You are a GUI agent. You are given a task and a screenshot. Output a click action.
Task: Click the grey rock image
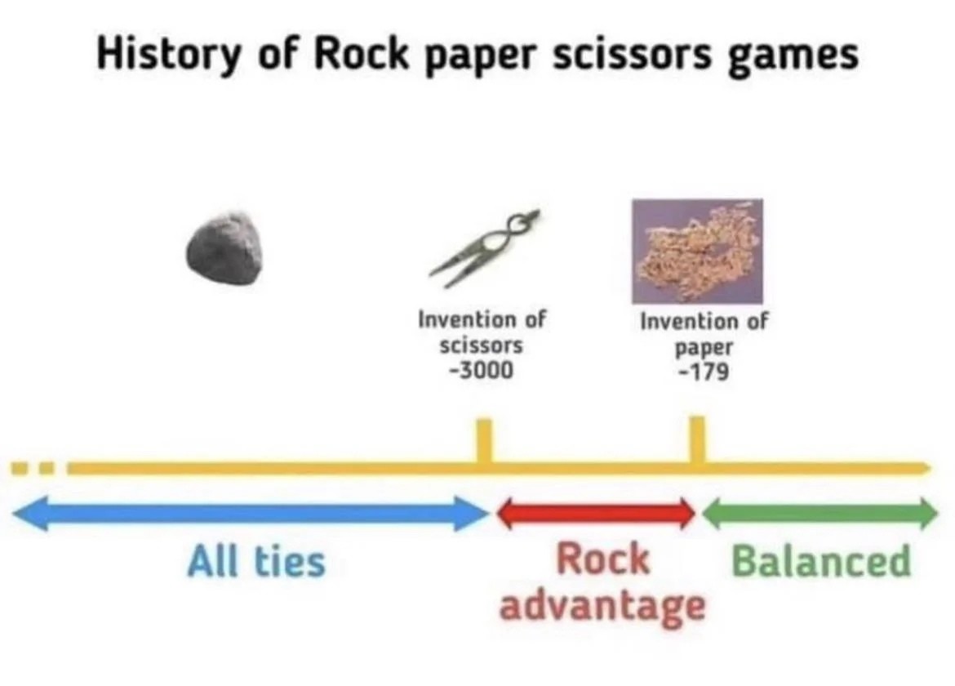point(224,248)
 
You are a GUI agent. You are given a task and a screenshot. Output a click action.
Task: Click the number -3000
point(481,370)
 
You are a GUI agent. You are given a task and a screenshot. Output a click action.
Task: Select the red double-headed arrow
point(595,513)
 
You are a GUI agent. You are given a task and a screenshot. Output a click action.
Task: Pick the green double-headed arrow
point(820,513)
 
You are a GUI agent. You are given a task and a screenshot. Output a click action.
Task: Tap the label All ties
point(256,562)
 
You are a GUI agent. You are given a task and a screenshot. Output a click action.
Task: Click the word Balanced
point(820,562)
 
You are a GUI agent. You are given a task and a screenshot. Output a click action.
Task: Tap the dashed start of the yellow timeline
point(33,470)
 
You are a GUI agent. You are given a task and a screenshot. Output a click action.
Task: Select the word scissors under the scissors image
point(481,345)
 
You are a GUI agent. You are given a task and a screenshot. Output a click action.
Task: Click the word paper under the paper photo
point(703,347)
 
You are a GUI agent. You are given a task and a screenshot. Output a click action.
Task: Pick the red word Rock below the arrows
point(602,560)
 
